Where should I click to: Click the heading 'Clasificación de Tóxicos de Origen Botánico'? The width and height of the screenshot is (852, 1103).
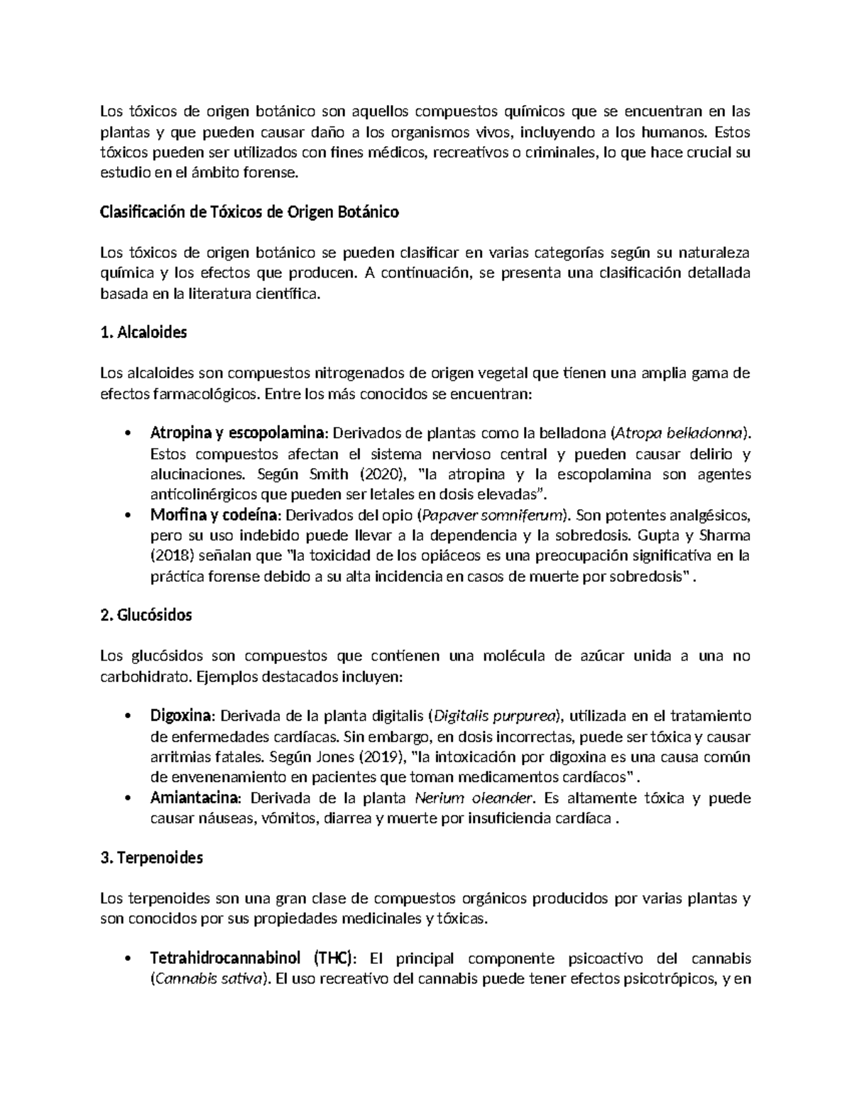249,212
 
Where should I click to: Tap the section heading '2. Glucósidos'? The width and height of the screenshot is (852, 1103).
146,615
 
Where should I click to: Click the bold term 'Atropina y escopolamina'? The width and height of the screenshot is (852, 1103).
239,433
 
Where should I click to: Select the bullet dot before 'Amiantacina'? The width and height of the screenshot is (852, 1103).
127,798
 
